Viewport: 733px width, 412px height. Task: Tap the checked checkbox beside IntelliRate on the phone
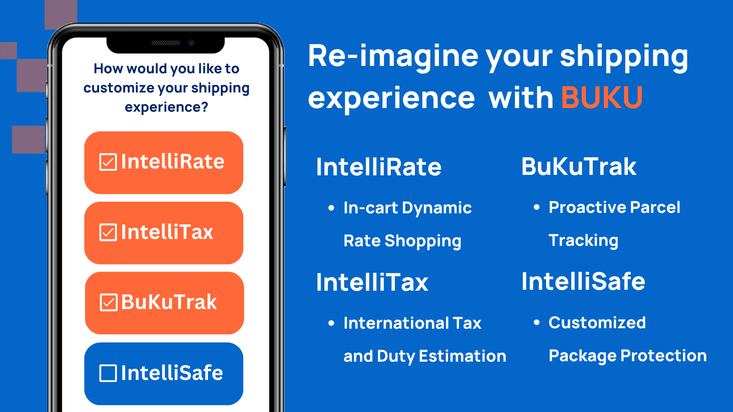point(108,162)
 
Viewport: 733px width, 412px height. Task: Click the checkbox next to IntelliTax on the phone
point(108,233)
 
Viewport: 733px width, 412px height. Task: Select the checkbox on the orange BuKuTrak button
point(109,303)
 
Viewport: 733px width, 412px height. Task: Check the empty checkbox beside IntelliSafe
point(108,373)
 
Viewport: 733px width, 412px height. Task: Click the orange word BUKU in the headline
point(602,98)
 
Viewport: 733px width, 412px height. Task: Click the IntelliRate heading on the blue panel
point(378,167)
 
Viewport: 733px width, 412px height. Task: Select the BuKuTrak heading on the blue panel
point(579,167)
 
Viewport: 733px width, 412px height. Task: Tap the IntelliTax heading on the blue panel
point(372,282)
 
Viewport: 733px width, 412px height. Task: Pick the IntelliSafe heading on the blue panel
point(583,282)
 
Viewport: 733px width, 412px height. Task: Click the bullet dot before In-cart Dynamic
point(331,208)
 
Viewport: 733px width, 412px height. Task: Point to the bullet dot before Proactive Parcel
point(536,207)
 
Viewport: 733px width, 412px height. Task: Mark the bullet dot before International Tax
point(331,324)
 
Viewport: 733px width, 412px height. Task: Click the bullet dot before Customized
point(536,323)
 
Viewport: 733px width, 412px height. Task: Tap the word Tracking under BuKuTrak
point(583,241)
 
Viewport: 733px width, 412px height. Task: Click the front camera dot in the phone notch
point(191,43)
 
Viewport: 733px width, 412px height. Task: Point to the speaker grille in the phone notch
point(166,43)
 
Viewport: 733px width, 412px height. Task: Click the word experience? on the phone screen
point(166,108)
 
